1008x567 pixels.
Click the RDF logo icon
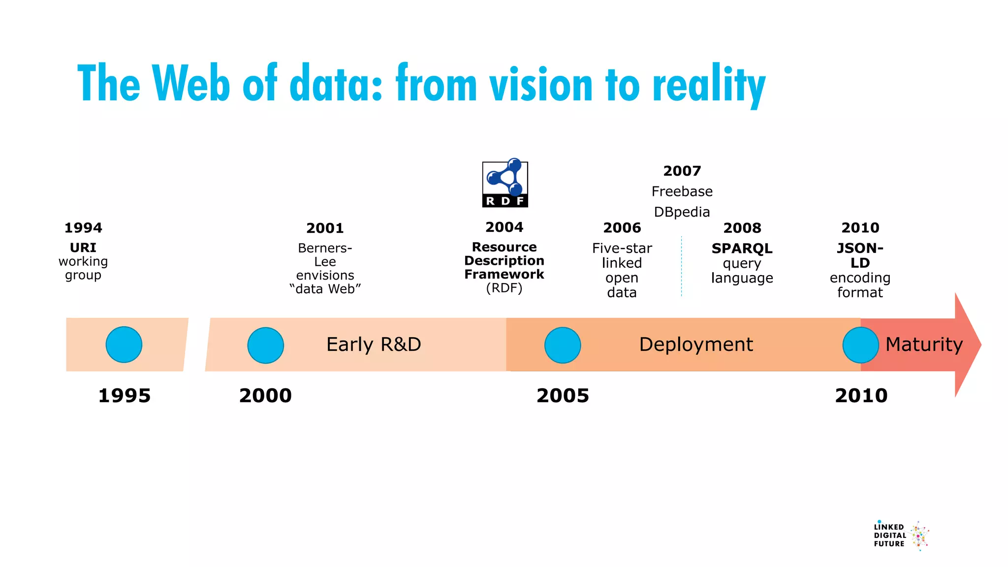(505, 183)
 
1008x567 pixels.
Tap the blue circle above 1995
(124, 345)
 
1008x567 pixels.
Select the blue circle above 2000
(266, 346)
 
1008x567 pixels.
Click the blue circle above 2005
(563, 346)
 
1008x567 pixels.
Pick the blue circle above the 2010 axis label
(860, 346)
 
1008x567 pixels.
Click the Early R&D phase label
(374, 345)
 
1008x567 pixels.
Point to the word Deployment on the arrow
(696, 345)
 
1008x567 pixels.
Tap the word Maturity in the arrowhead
(924, 345)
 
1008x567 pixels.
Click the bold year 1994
(83, 228)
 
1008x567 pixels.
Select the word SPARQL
(742, 249)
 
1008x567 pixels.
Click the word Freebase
(682, 191)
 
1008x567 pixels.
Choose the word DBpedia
(682, 212)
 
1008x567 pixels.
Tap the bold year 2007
(682, 171)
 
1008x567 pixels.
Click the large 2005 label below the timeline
(563, 396)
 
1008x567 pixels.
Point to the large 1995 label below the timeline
(124, 396)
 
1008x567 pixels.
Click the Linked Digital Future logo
(901, 535)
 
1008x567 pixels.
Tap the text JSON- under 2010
(860, 248)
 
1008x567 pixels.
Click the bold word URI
(83, 248)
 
